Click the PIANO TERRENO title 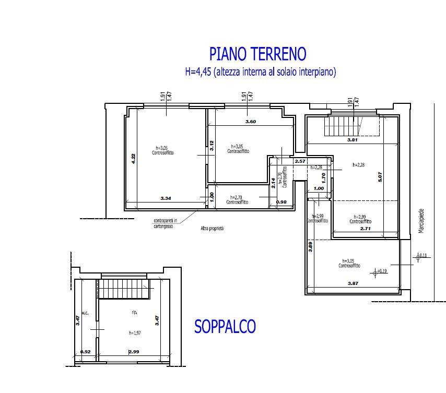click(257, 54)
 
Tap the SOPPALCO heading click(225, 327)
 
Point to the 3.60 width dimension click(251, 122)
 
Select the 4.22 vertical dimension click(134, 159)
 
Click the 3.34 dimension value click(166, 198)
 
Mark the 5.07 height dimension click(381, 177)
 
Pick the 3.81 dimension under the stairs click(353, 140)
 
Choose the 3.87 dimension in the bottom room click(354, 284)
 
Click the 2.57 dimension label click(300, 162)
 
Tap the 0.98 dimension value click(280, 202)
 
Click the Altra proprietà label click(212, 229)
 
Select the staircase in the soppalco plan click(124, 289)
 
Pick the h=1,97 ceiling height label click(135, 332)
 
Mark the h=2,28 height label click(359, 164)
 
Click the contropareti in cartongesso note click(166, 223)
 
